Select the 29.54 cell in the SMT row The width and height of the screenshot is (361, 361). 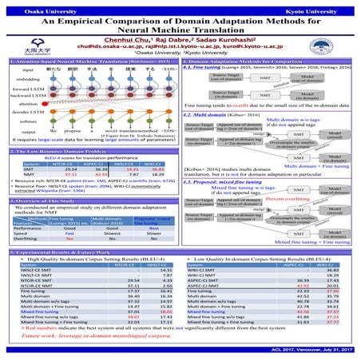tap(70, 169)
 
